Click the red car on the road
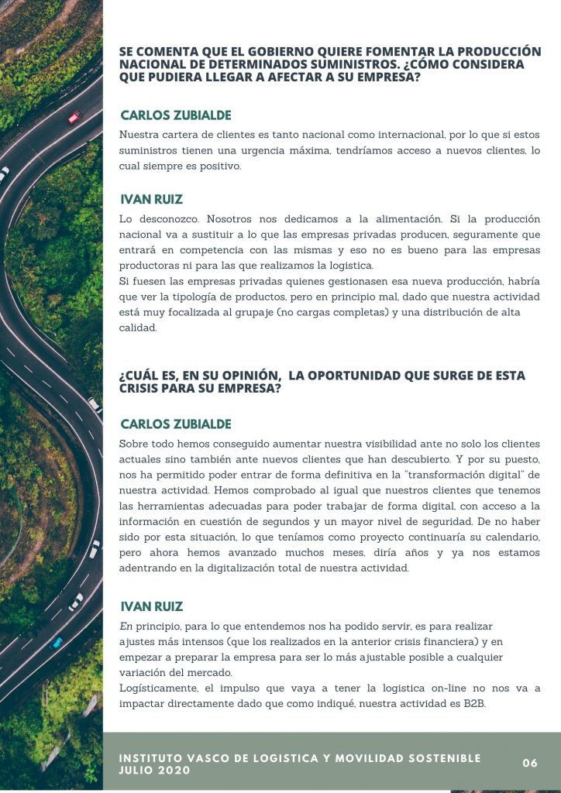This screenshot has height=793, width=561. click(x=74, y=117)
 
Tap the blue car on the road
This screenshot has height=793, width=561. click(x=57, y=642)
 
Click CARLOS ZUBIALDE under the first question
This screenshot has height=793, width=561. click(x=176, y=115)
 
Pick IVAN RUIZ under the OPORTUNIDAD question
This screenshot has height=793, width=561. click(x=152, y=606)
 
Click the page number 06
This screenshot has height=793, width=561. click(x=530, y=763)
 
